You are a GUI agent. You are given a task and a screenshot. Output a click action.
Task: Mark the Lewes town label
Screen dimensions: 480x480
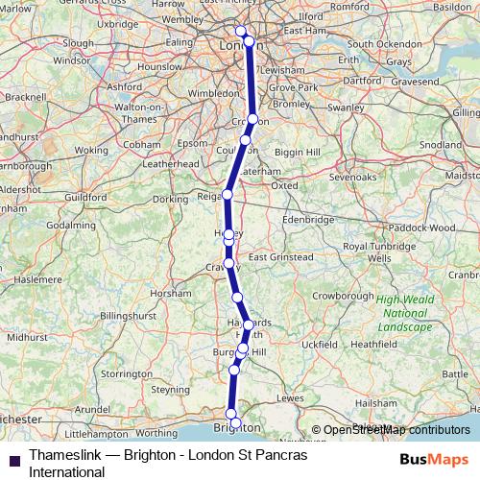coord(290,396)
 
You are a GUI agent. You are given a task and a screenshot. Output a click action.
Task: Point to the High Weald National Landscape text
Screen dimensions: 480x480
coord(404,313)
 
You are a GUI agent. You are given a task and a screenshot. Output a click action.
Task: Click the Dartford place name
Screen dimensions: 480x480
coord(360,81)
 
